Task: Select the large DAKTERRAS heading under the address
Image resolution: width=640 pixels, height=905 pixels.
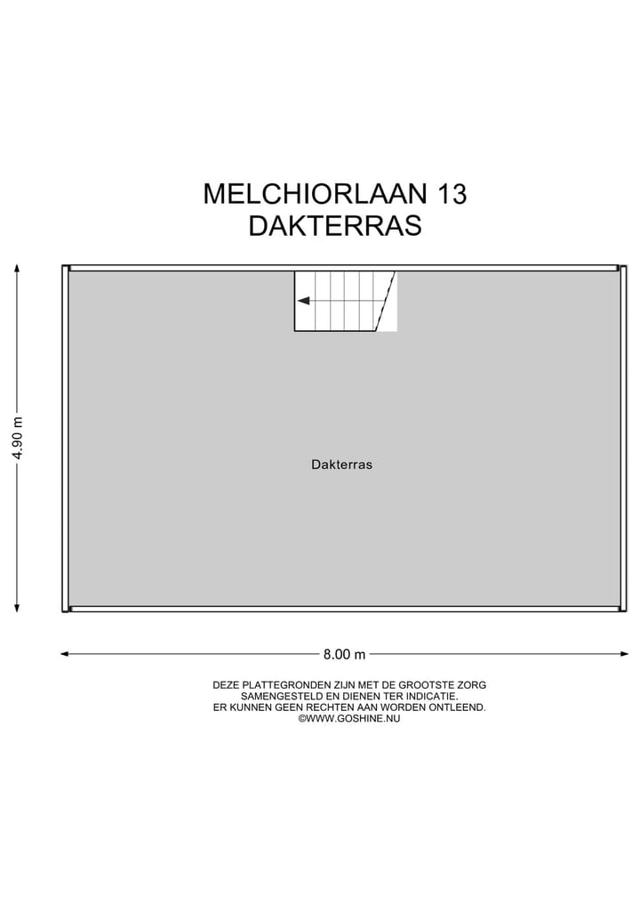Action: coord(335,226)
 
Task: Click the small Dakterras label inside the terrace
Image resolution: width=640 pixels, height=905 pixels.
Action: coord(341,464)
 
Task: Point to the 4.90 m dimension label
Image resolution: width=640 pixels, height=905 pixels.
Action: coord(18,438)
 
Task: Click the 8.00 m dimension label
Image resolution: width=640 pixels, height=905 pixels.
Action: coord(345,654)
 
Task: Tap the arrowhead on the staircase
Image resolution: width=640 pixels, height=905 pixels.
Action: coord(303,301)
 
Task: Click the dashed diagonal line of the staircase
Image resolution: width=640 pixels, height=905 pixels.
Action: coord(386,301)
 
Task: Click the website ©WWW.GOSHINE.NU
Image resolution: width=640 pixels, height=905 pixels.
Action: coord(349,718)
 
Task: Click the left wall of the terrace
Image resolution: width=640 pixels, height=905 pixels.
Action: coord(65,438)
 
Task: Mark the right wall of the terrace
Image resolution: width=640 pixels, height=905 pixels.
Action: coord(623,438)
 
